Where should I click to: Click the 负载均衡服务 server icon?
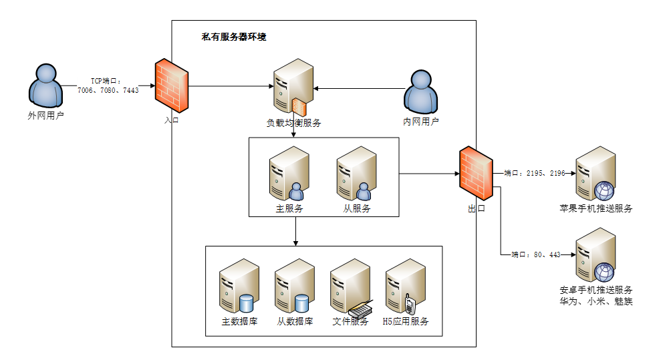click(x=293, y=85)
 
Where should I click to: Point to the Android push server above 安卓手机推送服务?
click(x=596, y=255)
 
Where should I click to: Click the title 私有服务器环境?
click(x=234, y=37)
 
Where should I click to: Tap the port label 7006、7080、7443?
click(x=108, y=89)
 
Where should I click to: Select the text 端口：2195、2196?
click(x=534, y=173)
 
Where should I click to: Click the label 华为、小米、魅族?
click(x=596, y=301)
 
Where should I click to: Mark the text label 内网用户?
click(x=421, y=122)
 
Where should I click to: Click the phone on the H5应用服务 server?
click(x=410, y=305)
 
